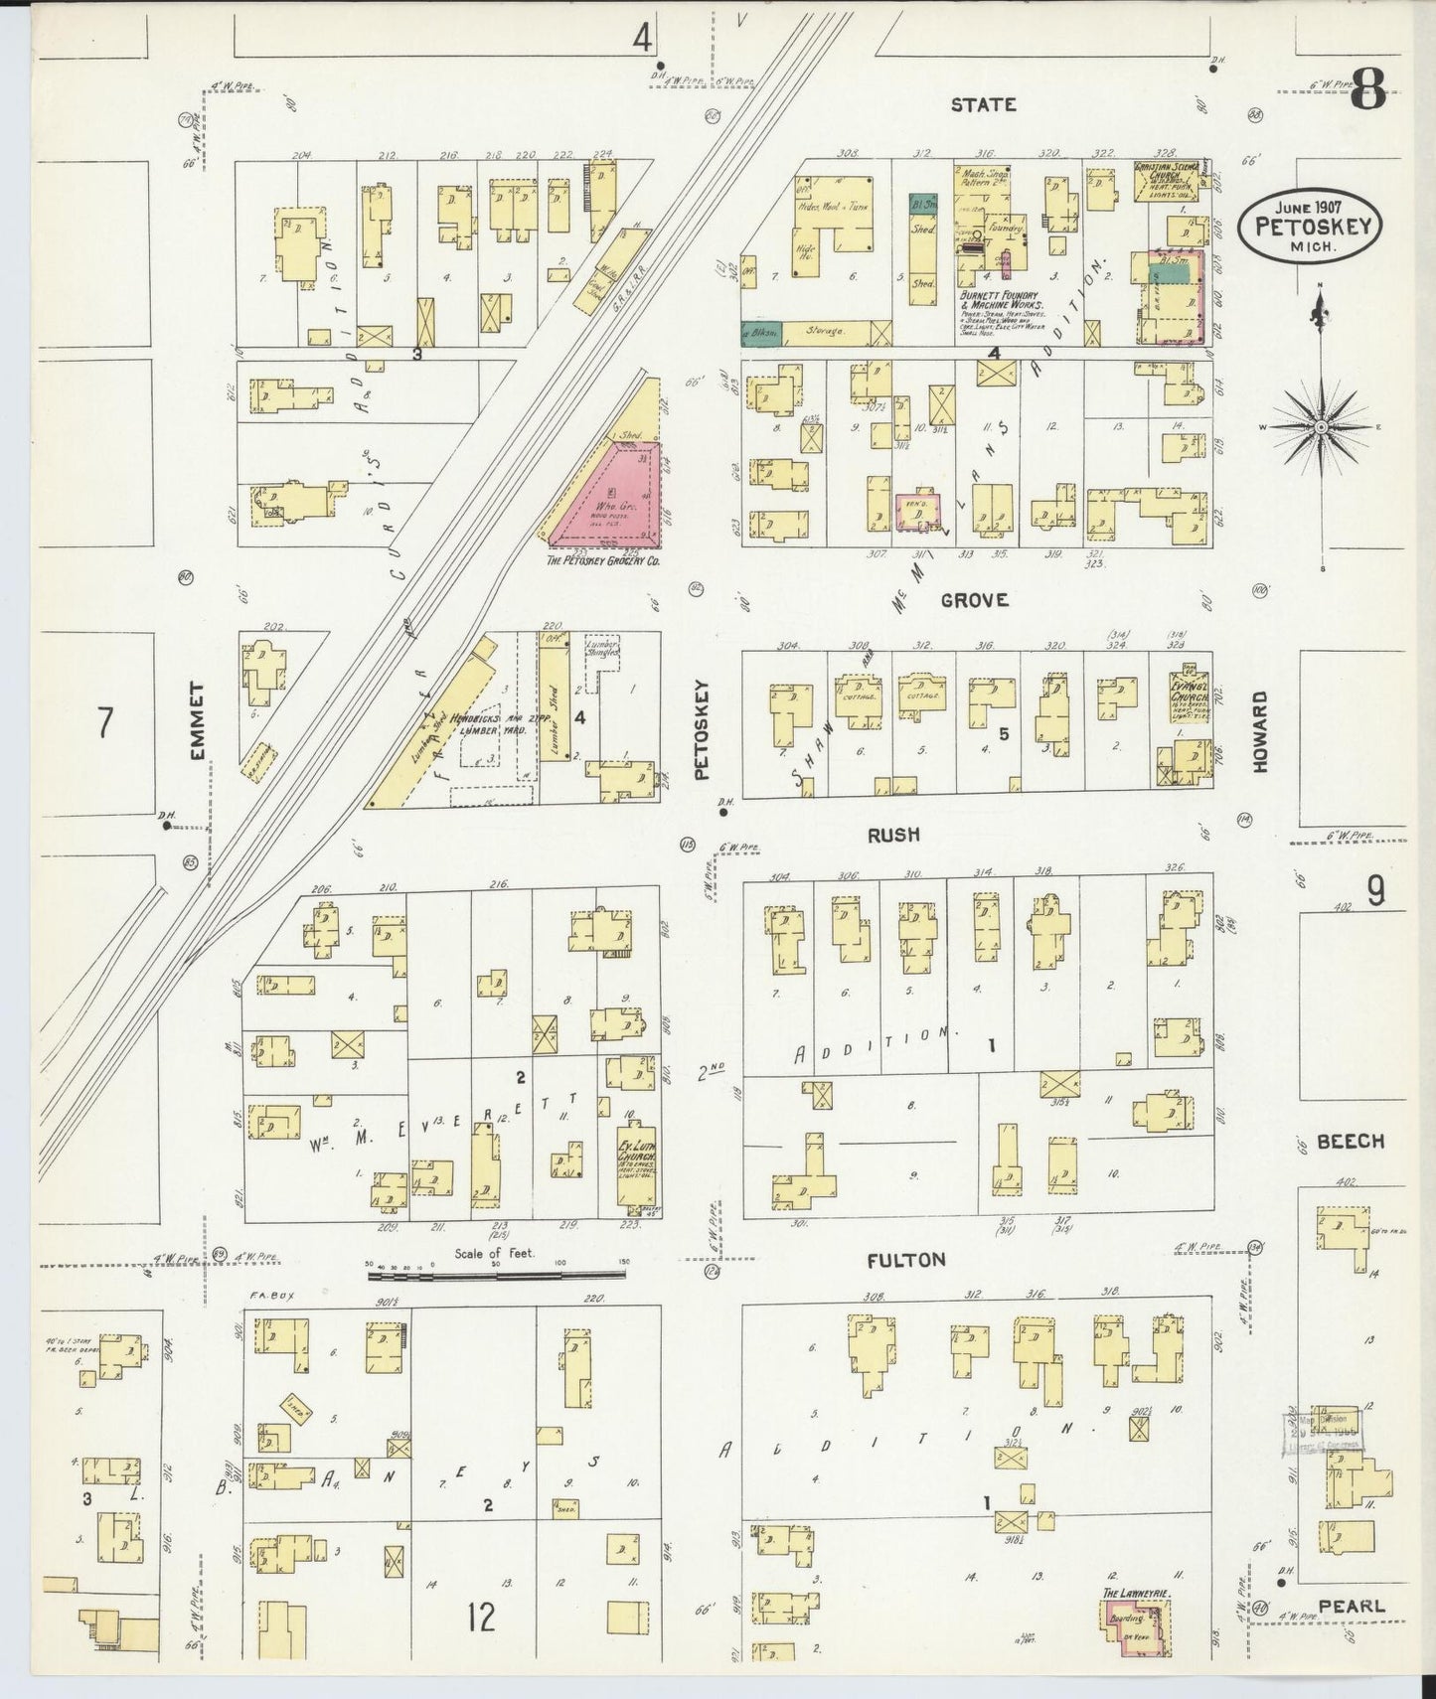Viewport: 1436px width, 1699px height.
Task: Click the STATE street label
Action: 982,104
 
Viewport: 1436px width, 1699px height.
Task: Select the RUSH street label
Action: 892,836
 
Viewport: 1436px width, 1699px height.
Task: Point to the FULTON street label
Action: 905,1260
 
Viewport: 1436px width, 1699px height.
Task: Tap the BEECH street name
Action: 1350,1142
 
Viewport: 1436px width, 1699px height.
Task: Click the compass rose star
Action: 1321,427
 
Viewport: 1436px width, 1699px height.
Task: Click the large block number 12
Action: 482,1618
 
